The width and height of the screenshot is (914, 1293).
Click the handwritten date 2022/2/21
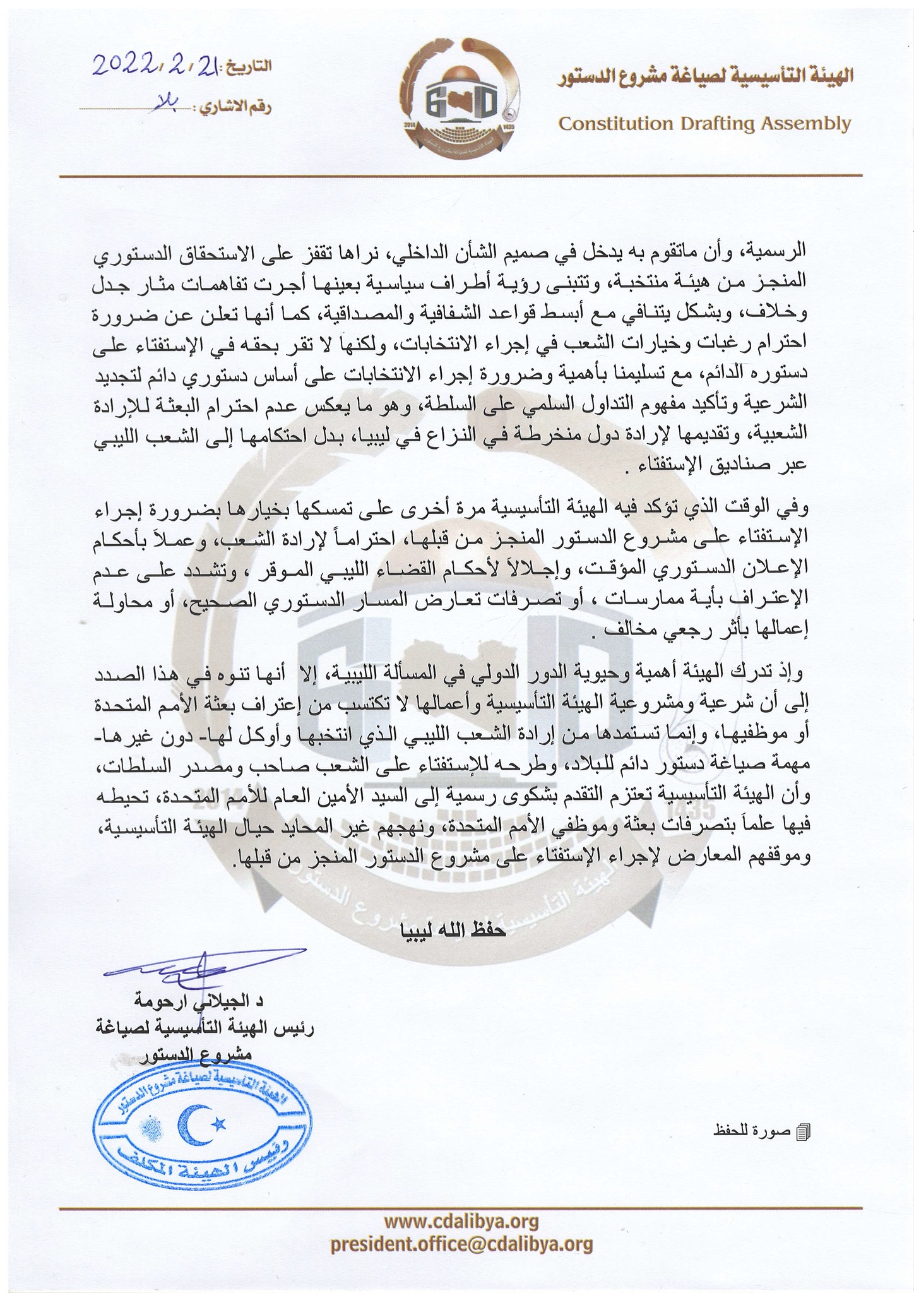(157, 65)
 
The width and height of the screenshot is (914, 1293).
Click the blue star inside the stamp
(219, 1123)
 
